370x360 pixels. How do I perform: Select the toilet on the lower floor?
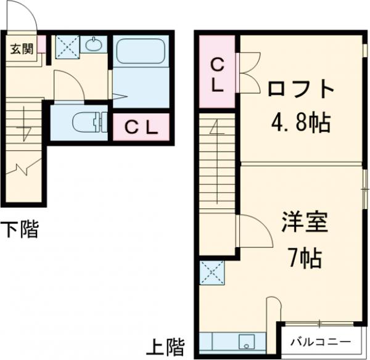pos(86,123)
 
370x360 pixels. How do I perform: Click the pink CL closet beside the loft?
pos(218,74)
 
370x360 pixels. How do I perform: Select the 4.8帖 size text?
pos(300,123)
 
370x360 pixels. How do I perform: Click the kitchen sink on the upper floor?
pos(246,340)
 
